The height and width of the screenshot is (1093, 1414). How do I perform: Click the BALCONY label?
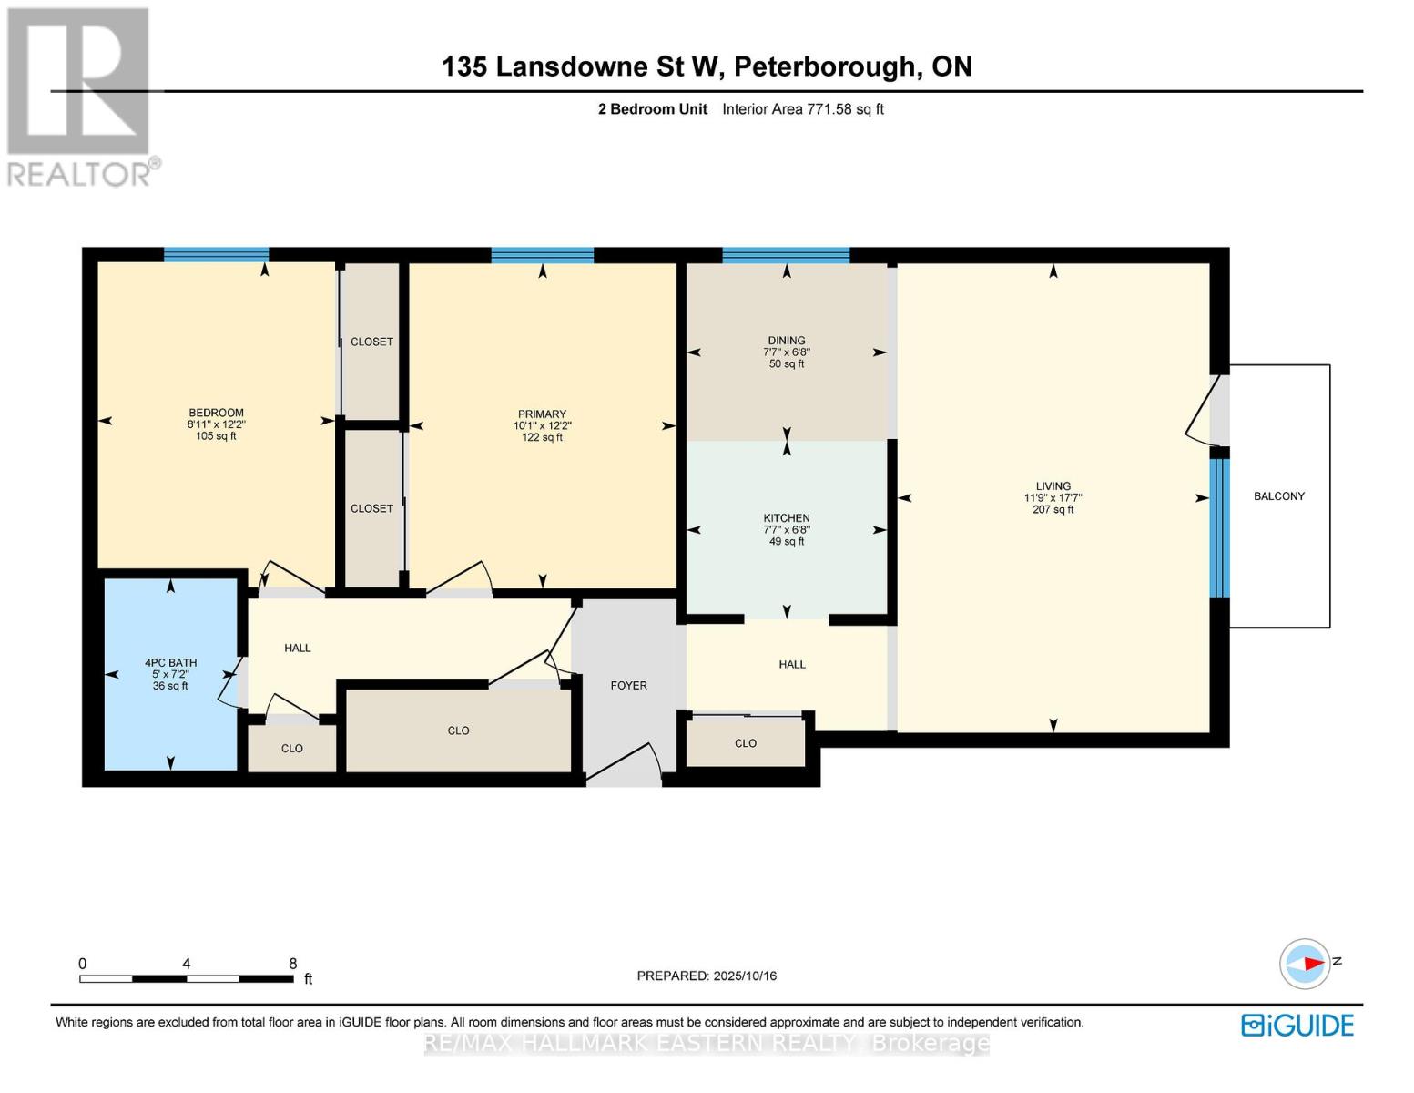click(x=1278, y=496)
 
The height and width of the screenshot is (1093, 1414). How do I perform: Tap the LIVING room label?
click(x=1053, y=486)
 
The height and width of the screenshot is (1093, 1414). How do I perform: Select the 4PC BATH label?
click(x=170, y=663)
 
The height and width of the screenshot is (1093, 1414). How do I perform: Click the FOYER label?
click(x=628, y=685)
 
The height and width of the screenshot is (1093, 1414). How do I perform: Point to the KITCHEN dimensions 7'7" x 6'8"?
click(x=787, y=530)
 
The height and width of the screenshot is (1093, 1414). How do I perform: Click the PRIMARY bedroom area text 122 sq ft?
click(x=542, y=437)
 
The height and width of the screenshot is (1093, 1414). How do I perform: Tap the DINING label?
click(x=787, y=341)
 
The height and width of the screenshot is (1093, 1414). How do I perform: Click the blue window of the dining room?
click(x=786, y=255)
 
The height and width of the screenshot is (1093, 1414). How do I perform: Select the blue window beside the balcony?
click(x=1219, y=527)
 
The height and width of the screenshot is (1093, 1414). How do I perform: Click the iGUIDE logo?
click(x=1297, y=1025)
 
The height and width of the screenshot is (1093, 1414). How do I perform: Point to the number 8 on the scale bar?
click(x=292, y=964)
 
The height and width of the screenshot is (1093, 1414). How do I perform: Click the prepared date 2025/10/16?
click(x=745, y=976)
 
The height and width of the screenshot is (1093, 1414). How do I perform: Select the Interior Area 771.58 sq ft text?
click(x=802, y=109)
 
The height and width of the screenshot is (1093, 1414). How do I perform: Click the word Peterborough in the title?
click(x=824, y=66)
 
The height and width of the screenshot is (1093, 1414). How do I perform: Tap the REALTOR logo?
click(x=80, y=96)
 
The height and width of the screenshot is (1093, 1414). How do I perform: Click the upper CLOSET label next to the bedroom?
click(x=371, y=342)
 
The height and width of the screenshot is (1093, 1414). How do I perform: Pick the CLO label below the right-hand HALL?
click(x=745, y=743)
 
